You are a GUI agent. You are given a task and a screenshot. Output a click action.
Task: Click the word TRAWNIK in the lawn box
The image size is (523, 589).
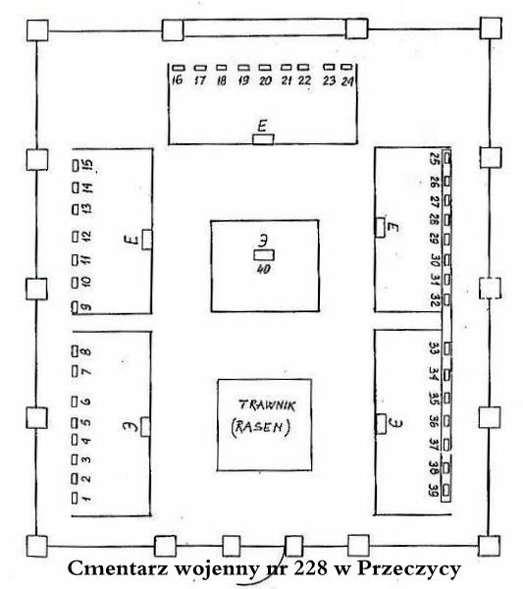coord(267,405)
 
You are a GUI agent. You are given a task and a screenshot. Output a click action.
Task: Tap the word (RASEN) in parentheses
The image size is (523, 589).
coord(261,427)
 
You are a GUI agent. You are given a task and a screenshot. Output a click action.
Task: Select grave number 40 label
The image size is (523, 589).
coord(264,269)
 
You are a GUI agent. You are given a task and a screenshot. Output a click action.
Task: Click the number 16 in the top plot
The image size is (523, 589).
coord(178,80)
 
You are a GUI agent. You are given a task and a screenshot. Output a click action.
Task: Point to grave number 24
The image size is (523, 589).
coord(347,81)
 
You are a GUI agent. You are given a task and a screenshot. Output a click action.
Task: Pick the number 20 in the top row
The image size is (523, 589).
coord(265,80)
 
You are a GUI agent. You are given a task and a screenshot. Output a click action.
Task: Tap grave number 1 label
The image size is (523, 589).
coord(86,499)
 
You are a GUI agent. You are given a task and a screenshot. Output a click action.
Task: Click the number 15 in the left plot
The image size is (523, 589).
coord(87,165)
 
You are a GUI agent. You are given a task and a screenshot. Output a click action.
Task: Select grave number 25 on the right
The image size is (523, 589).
coord(435,158)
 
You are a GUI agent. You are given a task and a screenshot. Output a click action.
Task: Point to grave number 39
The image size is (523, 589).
coord(434,490)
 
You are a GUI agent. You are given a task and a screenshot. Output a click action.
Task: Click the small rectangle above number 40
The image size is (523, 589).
coord(264,255)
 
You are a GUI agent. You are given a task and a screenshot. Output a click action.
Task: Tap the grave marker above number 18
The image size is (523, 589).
coord(222,68)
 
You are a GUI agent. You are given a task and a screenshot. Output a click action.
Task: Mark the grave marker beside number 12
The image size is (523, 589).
coord(76,237)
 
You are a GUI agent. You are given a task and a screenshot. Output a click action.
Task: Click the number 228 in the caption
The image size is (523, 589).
coord(310,568)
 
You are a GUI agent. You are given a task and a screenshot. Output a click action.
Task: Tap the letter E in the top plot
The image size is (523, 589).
coord(262,126)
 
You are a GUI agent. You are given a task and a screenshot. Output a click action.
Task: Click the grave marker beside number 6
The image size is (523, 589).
coord(75,402)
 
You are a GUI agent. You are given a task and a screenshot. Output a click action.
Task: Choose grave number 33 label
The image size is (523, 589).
coord(434,348)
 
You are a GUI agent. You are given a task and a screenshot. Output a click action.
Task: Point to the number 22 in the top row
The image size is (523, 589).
coord(304,80)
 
